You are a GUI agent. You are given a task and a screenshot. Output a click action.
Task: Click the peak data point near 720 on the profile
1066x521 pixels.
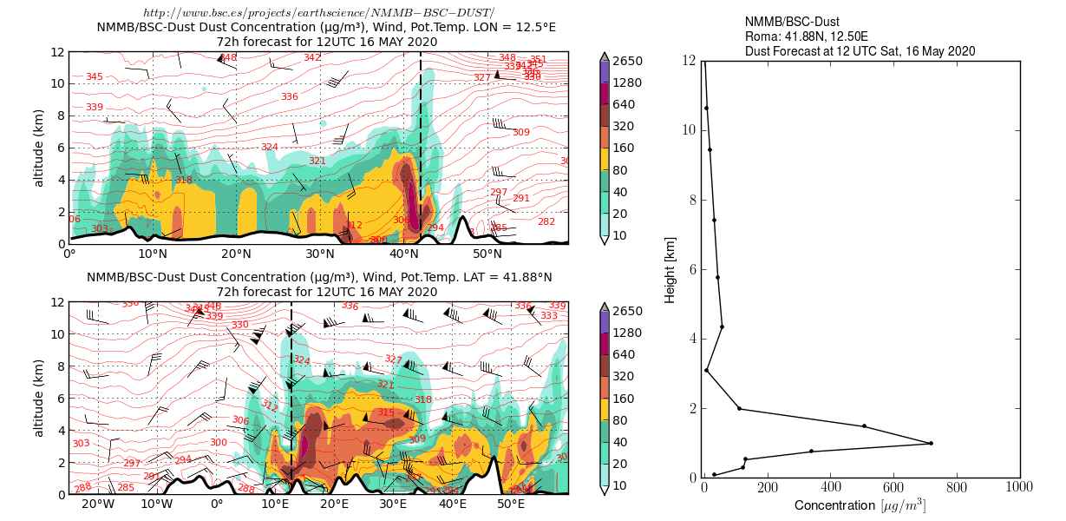tap(931, 443)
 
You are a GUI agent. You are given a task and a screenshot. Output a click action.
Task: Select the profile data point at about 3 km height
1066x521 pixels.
tap(707, 371)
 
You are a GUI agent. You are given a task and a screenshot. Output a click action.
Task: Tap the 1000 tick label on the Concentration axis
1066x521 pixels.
tap(1018, 489)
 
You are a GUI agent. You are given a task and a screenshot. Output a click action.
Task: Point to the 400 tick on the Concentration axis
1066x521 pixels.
tap(830, 489)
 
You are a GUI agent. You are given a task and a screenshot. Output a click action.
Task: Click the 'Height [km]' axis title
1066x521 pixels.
tap(670, 269)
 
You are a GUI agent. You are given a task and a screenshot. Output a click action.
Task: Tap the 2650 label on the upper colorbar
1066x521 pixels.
tap(626, 61)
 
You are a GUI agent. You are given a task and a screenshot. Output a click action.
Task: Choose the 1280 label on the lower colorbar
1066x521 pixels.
tap(626, 333)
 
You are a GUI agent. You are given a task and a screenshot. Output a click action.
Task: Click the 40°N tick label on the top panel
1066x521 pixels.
tap(403, 254)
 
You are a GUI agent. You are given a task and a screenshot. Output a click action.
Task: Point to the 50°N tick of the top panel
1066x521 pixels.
tap(487, 254)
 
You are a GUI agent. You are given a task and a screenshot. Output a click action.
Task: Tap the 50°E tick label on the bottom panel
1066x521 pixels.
tap(512, 505)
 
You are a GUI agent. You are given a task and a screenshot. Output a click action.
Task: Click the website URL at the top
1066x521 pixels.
tap(318, 11)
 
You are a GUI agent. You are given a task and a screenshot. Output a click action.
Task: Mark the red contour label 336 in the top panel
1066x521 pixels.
tap(290, 96)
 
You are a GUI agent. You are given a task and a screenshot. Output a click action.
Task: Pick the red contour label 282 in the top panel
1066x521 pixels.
tap(546, 221)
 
